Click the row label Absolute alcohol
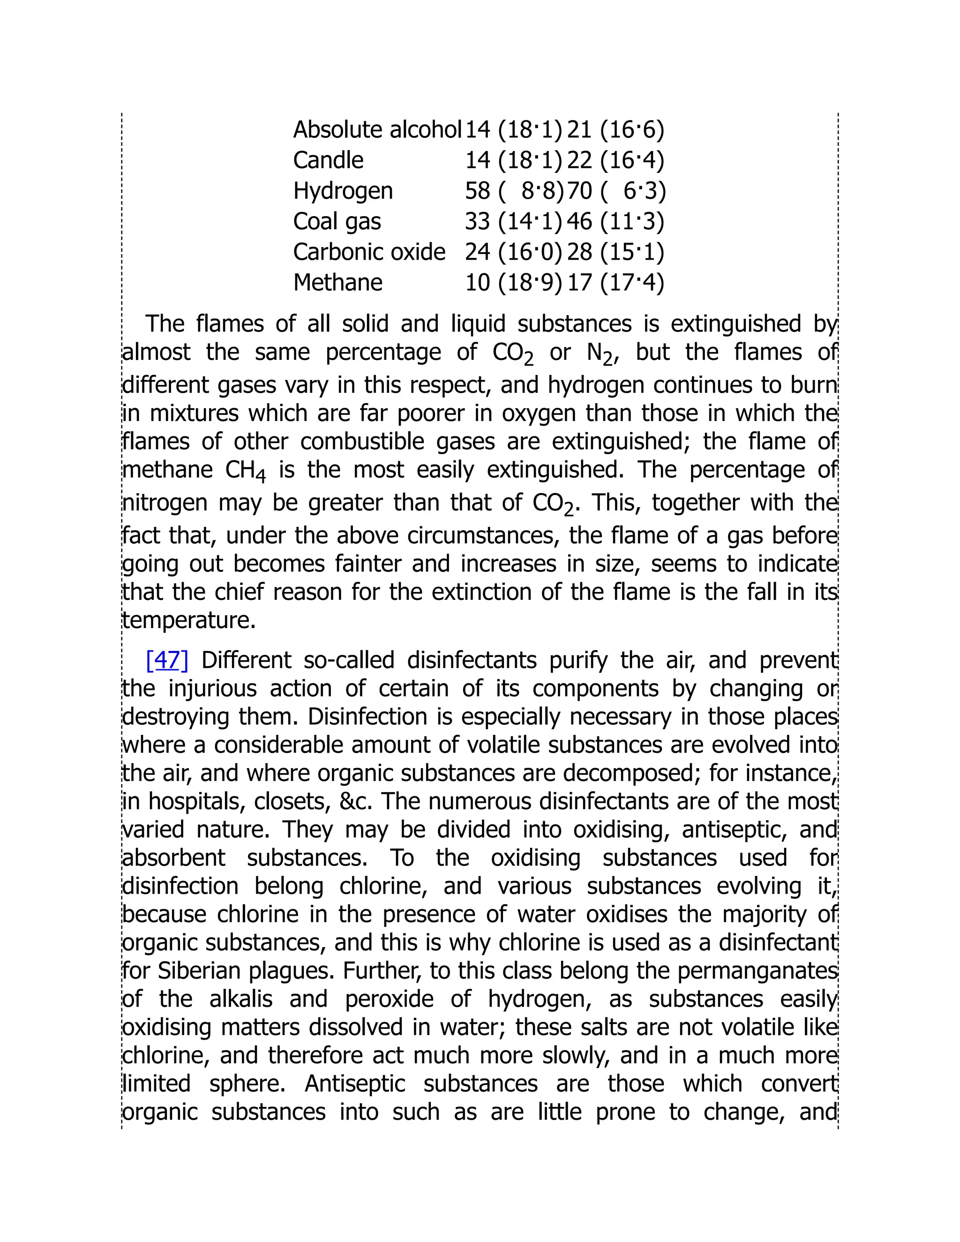(376, 130)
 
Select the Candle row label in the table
(328, 160)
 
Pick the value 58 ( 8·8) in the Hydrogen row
(514, 191)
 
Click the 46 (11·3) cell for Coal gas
(615, 222)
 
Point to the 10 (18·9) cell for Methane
(514, 283)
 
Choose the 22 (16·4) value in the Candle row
(615, 160)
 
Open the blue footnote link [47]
(166, 660)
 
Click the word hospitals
(197, 801)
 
